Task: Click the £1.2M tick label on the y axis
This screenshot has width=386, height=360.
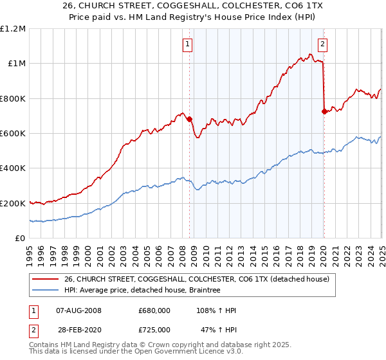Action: point(13,28)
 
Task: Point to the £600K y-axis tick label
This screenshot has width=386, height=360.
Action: point(13,133)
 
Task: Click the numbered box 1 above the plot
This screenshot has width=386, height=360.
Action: point(187,44)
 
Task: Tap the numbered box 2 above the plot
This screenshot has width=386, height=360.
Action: point(322,44)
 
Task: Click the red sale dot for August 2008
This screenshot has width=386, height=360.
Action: point(189,119)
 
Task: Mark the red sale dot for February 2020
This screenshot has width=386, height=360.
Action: point(324,111)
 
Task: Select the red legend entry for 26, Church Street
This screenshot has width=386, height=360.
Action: point(197,279)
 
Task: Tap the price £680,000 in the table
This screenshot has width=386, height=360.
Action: point(154,310)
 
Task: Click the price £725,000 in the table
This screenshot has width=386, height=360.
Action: point(154,329)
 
